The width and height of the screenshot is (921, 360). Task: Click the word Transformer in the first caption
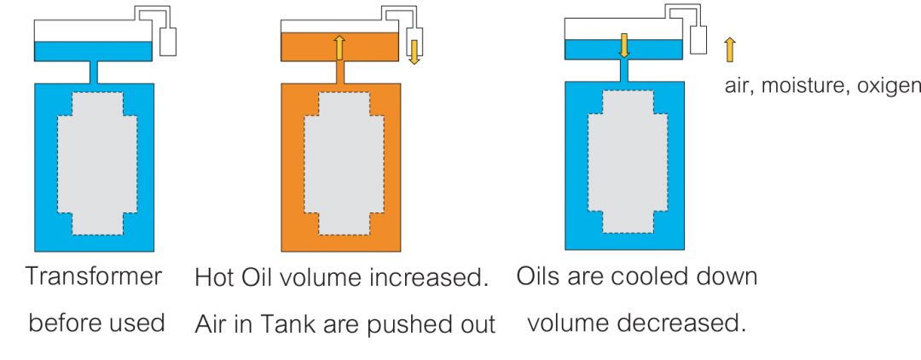point(94,277)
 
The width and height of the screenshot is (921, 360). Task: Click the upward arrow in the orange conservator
point(339,48)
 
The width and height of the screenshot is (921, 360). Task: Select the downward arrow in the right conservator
point(624,45)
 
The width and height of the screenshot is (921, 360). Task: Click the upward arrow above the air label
point(729,49)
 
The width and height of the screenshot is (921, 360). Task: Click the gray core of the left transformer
point(96,162)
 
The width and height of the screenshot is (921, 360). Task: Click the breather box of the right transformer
point(700,39)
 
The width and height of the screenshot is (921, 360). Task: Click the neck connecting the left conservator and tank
point(95,72)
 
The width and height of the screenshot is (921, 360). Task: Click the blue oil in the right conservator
point(597,49)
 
